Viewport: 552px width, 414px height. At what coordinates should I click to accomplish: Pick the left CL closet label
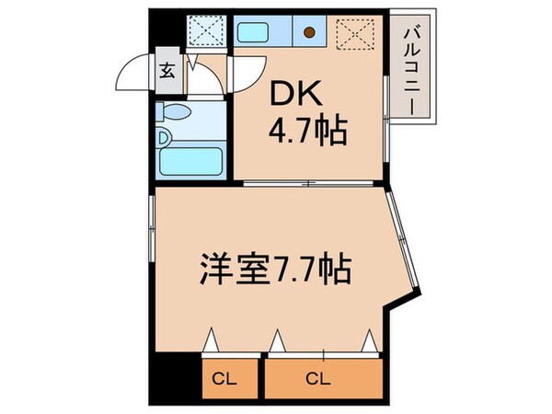point(224,377)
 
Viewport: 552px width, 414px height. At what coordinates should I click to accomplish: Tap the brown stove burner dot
point(309,34)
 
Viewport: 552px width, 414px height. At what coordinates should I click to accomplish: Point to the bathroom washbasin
point(163,139)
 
